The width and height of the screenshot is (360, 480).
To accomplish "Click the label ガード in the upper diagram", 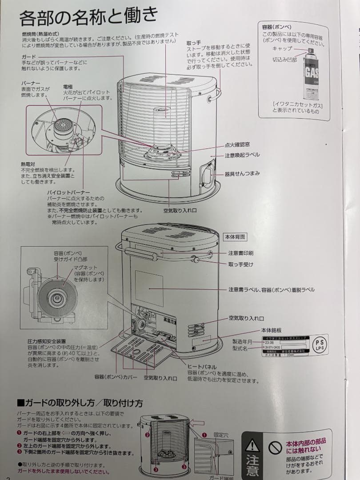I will pyautogui.click(x=29, y=57).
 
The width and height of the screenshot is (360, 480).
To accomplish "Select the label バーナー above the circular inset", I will pyautogui.click(x=31, y=83).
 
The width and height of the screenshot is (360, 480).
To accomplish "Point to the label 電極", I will pyautogui.click(x=68, y=87).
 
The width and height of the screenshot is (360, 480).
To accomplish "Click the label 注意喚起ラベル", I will pyautogui.click(x=242, y=155).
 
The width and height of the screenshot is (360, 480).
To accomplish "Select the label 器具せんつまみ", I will pyautogui.click(x=242, y=172).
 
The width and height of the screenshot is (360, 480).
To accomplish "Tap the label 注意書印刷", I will pyautogui.click(x=241, y=253).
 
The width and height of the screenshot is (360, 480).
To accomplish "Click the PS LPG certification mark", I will pyautogui.click(x=319, y=344).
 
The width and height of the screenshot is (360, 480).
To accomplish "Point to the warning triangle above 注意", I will pyautogui.click(x=252, y=444).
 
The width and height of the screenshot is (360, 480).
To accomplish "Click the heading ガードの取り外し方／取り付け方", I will pyautogui.click(x=80, y=403).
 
